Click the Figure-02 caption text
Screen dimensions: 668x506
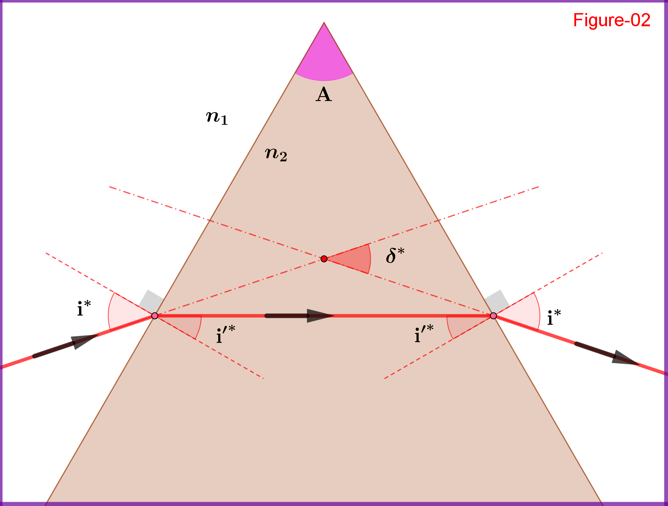tap(611, 20)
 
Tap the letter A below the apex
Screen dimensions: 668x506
tap(324, 95)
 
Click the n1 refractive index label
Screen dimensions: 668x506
tap(217, 117)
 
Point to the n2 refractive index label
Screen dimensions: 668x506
tap(276, 154)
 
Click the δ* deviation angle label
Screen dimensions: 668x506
tap(395, 255)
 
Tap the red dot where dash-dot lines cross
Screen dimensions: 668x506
tap(324, 259)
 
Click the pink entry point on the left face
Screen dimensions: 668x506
tap(155, 316)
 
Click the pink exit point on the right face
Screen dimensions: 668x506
tap(493, 316)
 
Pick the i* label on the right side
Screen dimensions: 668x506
tap(554, 317)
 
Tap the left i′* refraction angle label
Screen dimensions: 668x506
tap(226, 334)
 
